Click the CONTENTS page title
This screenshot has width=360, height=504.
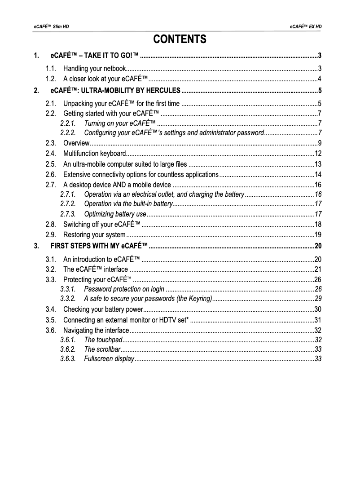click(x=180, y=40)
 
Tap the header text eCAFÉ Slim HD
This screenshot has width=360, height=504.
click(x=52, y=27)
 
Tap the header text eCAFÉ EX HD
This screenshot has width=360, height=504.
click(x=306, y=27)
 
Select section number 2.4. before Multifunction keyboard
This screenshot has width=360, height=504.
click(x=51, y=154)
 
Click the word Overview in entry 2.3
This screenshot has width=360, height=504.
click(x=76, y=143)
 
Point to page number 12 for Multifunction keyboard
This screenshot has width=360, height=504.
click(x=318, y=154)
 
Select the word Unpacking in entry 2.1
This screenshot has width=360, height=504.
click(x=79, y=103)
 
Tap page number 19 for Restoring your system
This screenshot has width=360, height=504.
click(x=318, y=234)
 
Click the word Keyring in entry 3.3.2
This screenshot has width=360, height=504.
click(x=200, y=298)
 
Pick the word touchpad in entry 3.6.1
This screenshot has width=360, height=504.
click(x=110, y=340)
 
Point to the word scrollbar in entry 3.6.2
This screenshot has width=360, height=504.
click(x=109, y=349)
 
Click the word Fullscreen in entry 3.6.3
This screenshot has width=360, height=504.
click(x=99, y=358)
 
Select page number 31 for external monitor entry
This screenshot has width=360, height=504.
click(x=318, y=320)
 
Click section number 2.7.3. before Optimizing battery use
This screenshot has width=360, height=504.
click(x=68, y=214)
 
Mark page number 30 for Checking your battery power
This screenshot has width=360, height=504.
click(x=318, y=309)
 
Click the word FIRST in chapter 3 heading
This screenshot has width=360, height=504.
click(x=60, y=245)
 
